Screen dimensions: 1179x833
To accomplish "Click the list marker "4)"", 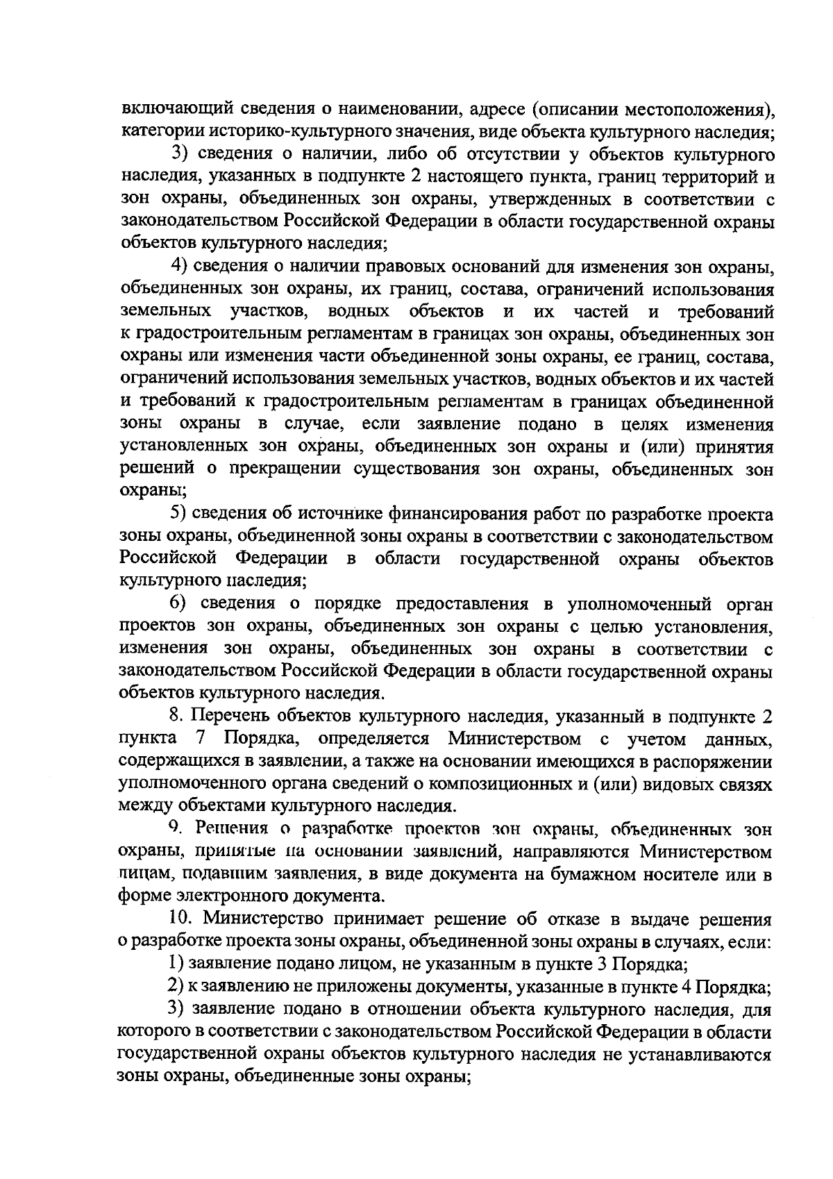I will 180,267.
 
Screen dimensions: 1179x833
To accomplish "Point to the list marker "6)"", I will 180,603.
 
